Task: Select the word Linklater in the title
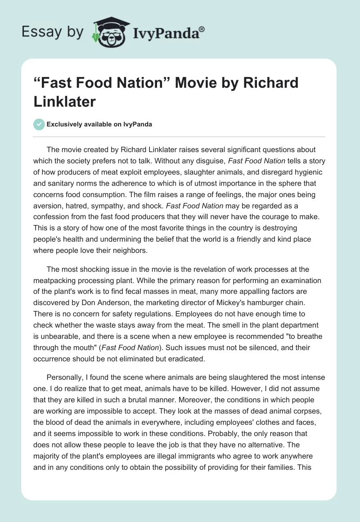point(64,101)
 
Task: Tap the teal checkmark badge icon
point(40,124)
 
